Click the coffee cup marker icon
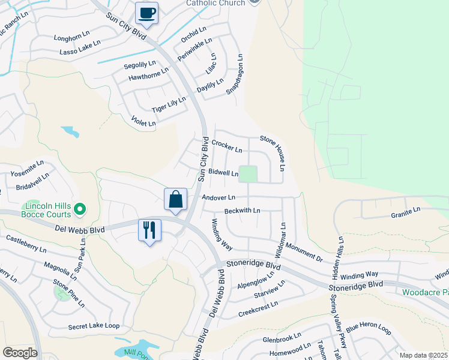pyautogui.click(x=146, y=13)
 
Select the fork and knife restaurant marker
pyautogui.click(x=149, y=230)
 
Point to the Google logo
pyautogui.click(x=20, y=352)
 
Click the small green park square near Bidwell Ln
pyautogui.click(x=248, y=174)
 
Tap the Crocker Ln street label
pyautogui.click(x=227, y=146)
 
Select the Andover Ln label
pyautogui.click(x=218, y=197)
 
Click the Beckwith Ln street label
pyautogui.click(x=242, y=211)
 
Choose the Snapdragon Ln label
pyautogui.click(x=235, y=75)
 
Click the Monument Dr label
pyautogui.click(x=304, y=251)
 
